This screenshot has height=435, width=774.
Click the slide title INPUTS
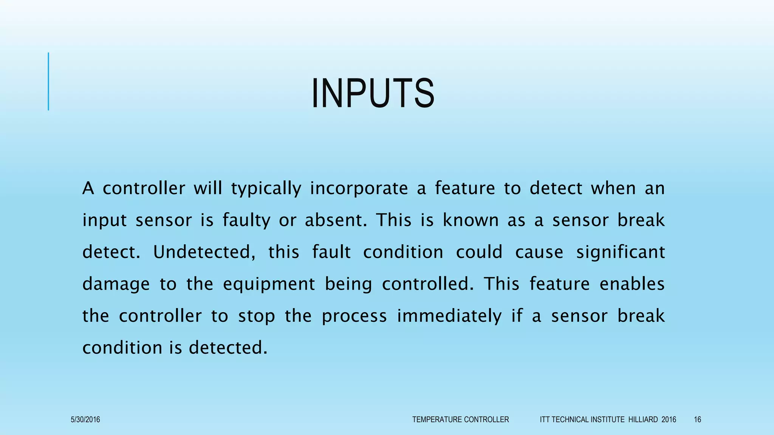point(373,93)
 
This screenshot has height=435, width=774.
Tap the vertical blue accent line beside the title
point(48,81)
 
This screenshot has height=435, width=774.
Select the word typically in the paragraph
point(266,188)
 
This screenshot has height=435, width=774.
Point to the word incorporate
point(359,188)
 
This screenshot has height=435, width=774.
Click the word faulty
point(246,220)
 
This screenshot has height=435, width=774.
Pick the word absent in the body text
point(336,220)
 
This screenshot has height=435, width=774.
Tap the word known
point(471,220)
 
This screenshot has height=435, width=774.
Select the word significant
point(620,252)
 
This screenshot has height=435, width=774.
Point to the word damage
point(116,284)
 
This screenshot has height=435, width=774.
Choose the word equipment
point(269,284)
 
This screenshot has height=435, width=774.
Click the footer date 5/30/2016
point(85,420)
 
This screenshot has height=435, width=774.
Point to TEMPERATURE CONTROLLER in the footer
point(460,420)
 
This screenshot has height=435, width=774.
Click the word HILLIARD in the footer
point(643,420)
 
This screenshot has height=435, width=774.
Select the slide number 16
point(697,420)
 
